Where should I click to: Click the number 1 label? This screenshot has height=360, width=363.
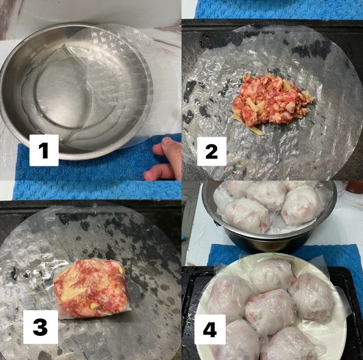[x=44, y=150]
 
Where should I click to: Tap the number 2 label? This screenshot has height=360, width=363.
[x=211, y=151]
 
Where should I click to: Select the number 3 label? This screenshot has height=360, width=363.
[x=40, y=327]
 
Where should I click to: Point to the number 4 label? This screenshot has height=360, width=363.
[x=210, y=330]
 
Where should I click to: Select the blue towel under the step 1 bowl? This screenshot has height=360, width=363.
[x=97, y=166]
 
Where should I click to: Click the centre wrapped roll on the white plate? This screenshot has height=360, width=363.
[x=270, y=311]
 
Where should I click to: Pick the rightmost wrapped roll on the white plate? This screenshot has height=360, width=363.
[x=312, y=296]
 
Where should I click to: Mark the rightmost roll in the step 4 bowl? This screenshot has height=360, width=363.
[x=301, y=205]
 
